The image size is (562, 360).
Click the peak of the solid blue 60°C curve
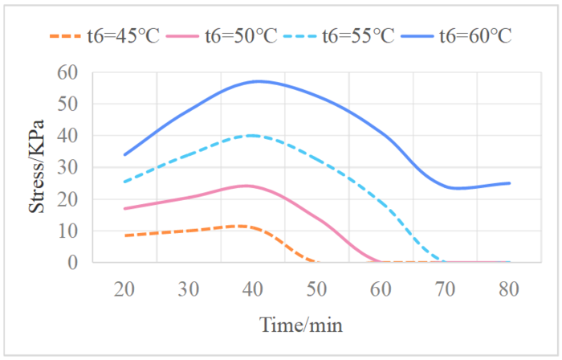coord(258,81)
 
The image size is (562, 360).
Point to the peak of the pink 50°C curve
coord(250,186)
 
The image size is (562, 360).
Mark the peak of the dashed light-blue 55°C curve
coord(253,135)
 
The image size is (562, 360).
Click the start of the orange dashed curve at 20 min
coord(124,235)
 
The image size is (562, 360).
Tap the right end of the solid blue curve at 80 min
coord(510,183)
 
